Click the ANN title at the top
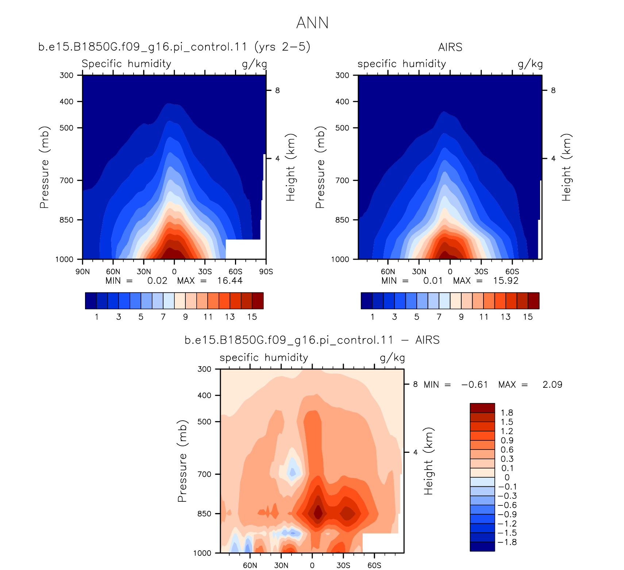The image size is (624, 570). [x=312, y=23]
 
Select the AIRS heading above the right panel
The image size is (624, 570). [x=450, y=47]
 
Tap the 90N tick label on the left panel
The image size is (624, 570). [x=82, y=272]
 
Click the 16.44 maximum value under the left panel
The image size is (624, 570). [x=230, y=281]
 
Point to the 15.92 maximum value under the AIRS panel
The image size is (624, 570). [x=506, y=281]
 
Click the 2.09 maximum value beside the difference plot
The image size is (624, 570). [x=552, y=385]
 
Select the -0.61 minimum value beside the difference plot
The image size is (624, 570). [x=474, y=385]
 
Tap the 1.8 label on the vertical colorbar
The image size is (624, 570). [x=507, y=413]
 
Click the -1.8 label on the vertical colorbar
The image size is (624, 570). [x=507, y=542]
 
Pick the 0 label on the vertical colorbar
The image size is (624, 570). [x=507, y=477]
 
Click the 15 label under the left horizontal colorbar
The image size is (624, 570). [x=252, y=317]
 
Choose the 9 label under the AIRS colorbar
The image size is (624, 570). [x=461, y=317]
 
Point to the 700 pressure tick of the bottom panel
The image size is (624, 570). [x=204, y=474]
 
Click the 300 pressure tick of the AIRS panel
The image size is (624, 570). [x=342, y=75]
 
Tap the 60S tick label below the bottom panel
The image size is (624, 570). [x=374, y=565]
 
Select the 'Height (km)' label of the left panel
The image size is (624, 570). [x=290, y=168]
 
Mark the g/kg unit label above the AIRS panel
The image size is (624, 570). [x=530, y=64]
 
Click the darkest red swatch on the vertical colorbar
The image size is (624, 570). [x=482, y=408]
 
